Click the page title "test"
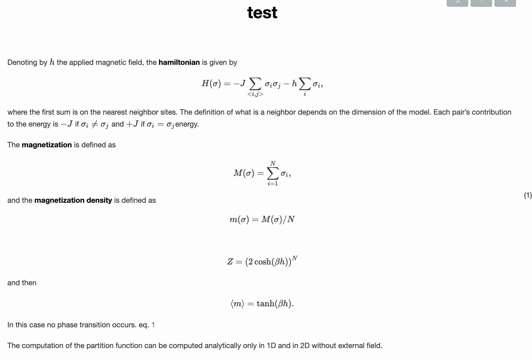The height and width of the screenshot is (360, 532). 262,13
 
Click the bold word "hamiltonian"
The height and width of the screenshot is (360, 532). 179,63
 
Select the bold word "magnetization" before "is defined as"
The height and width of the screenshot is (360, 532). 47,145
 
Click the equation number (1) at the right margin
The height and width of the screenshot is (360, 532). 527,195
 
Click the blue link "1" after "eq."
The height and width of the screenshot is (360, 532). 153,325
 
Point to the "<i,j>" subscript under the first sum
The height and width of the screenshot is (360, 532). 255,94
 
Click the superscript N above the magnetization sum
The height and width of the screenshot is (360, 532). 273,163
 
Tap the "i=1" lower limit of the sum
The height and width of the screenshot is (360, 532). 273,184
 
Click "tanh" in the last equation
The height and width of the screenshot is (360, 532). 263,304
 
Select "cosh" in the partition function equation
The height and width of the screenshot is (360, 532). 263,262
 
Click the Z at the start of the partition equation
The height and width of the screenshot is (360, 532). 230,262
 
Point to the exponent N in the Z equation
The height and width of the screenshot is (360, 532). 295,258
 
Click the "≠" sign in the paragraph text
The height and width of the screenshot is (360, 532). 94,124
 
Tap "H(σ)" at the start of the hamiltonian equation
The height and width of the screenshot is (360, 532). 211,84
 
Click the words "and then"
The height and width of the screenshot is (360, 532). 22,283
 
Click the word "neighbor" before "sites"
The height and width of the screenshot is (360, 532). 141,112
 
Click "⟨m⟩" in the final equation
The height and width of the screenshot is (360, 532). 237,304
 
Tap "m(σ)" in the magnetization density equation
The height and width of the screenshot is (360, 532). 239,220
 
